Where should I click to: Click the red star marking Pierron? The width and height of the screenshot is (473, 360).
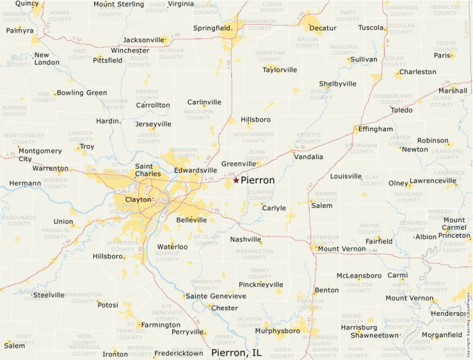(236, 180)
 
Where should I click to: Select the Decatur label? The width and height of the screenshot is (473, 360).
(322, 28)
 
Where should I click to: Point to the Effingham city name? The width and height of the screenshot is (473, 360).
(377, 129)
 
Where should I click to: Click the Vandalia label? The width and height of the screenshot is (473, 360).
(308, 157)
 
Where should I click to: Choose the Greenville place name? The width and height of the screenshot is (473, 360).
(239, 164)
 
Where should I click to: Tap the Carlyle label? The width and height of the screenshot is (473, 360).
(274, 208)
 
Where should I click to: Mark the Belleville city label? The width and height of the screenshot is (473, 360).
(192, 220)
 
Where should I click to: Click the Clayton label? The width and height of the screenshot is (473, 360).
(138, 200)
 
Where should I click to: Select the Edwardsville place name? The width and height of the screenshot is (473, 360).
(196, 170)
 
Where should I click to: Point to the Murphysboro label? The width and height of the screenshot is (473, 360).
(277, 331)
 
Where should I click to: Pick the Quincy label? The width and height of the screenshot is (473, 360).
(27, 3)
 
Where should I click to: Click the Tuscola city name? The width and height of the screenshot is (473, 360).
(372, 28)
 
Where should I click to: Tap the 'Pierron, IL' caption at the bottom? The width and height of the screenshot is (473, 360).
(236, 353)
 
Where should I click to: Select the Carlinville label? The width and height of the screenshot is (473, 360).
(204, 102)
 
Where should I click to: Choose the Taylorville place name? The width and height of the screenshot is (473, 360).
(279, 70)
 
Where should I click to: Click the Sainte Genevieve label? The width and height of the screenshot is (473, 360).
(216, 296)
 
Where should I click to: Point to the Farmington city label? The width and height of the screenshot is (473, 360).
(161, 325)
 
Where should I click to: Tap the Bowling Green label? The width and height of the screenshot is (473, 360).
(82, 93)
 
